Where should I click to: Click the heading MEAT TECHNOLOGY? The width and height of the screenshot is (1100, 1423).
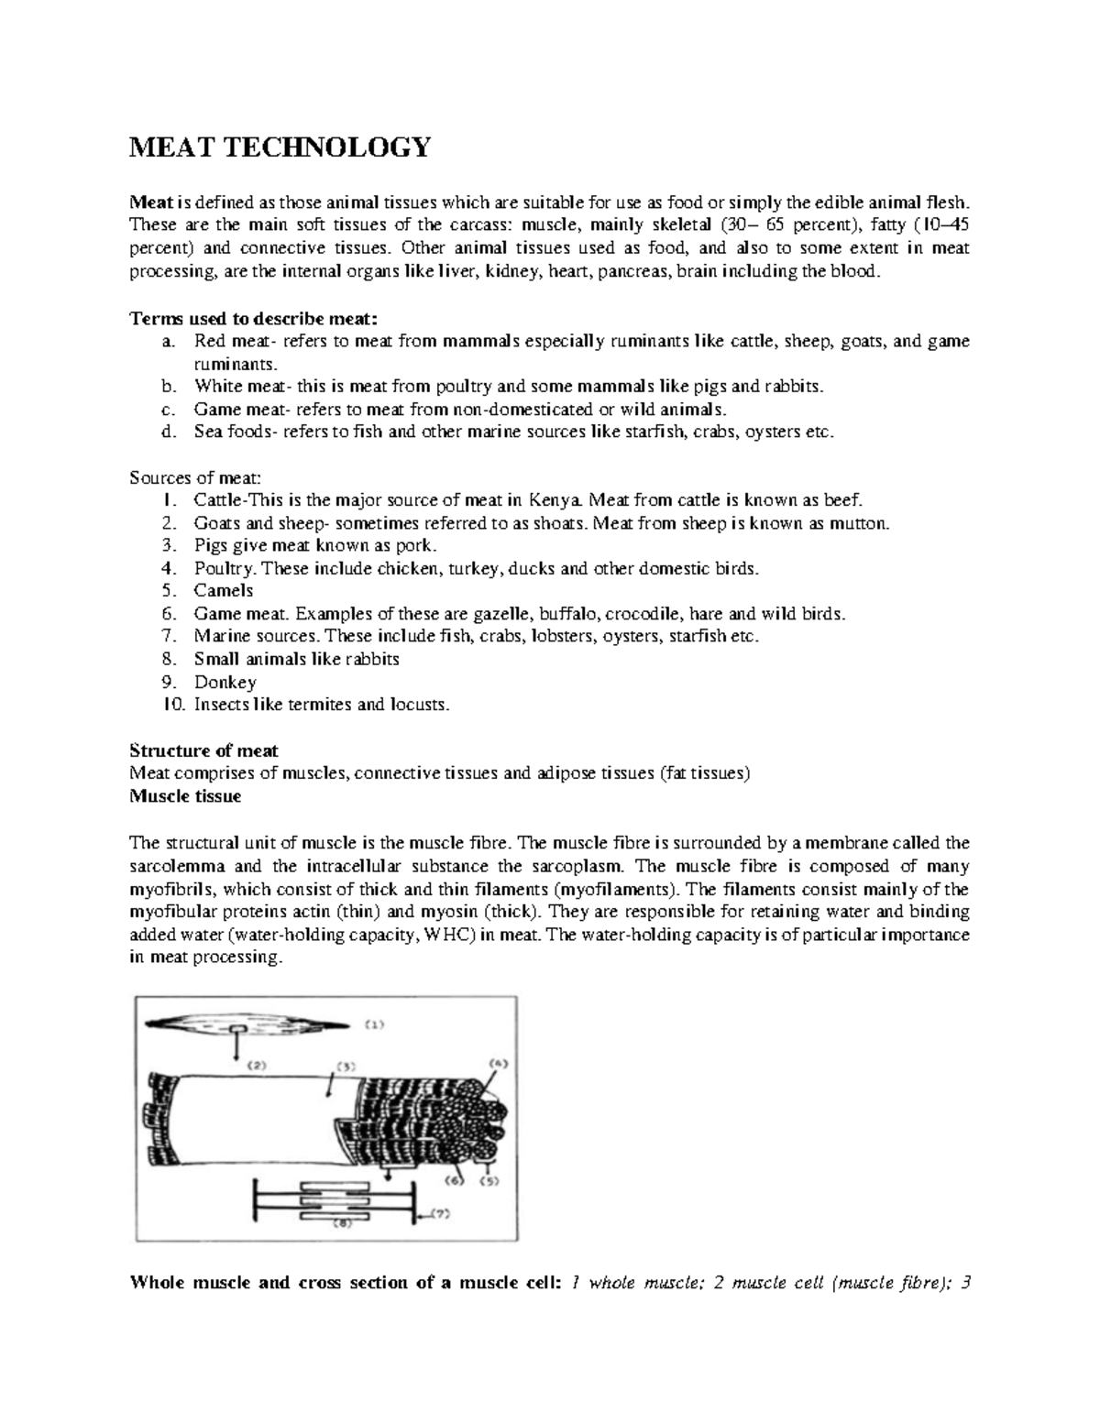(280, 147)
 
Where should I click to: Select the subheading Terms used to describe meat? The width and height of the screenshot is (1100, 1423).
(253, 319)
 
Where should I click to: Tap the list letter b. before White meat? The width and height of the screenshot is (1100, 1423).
(166, 387)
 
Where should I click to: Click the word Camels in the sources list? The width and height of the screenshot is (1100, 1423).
(223, 591)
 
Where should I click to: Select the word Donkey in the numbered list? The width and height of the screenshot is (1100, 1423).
(225, 683)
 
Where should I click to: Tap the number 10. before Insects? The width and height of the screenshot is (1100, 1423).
(173, 706)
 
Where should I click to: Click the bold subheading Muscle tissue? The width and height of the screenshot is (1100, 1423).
(185, 796)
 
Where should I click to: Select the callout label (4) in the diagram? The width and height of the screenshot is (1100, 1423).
(497, 1065)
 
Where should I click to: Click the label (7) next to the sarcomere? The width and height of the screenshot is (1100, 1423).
(442, 1215)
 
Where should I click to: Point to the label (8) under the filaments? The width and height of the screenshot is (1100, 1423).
(341, 1227)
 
